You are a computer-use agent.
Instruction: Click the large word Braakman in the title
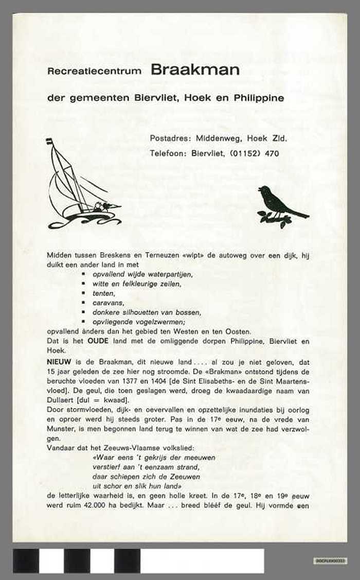click(195, 71)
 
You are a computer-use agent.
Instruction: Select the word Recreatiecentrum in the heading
click(94, 72)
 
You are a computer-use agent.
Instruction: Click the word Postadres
click(169, 138)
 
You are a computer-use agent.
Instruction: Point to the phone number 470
click(272, 153)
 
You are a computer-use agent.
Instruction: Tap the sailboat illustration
click(82, 188)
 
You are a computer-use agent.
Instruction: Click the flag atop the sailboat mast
click(49, 142)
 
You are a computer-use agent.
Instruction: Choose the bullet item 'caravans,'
click(108, 303)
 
